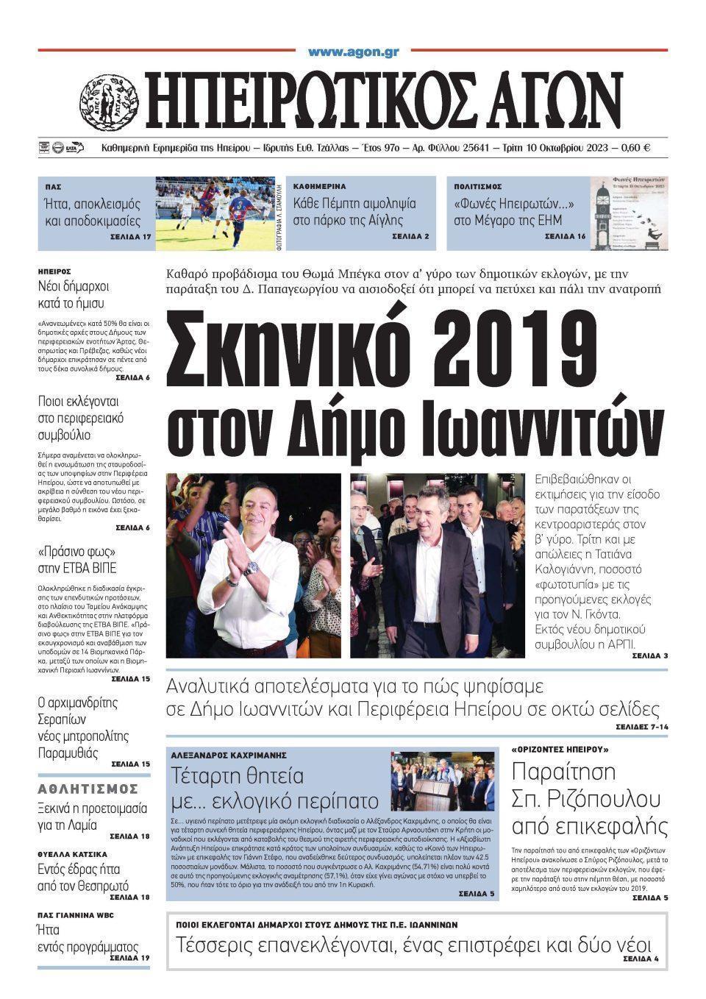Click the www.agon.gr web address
[353, 52]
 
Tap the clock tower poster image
[629, 213]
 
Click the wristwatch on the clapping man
[252, 569]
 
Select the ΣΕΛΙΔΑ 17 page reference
[130, 238]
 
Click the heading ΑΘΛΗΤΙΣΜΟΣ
[88, 789]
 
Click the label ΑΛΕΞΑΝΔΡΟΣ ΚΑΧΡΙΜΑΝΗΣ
[228, 755]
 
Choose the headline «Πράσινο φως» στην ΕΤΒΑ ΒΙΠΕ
[77, 560]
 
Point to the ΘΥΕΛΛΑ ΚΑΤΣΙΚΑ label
[72, 855]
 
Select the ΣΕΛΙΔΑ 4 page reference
[641, 959]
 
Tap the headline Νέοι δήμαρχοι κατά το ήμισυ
[71, 295]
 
